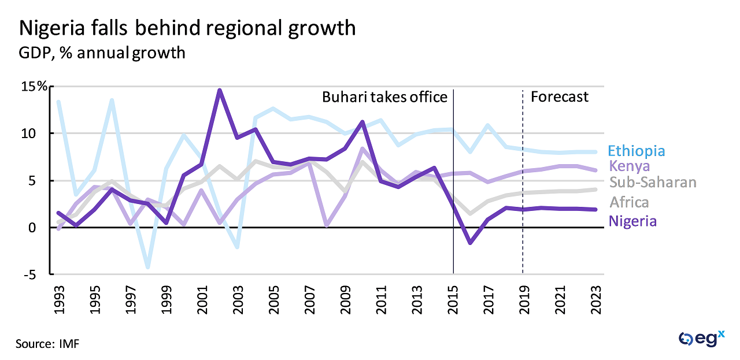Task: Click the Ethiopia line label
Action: point(637,151)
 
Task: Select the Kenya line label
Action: point(629,166)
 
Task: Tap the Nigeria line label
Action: point(633,221)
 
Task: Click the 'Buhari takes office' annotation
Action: point(384,97)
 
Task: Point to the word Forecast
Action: point(559,97)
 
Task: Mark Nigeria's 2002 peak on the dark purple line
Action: point(220,90)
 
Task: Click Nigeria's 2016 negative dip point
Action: point(471,243)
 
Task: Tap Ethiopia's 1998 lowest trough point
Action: point(148,267)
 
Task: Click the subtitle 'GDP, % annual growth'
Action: point(102,53)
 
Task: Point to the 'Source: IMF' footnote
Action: point(47,344)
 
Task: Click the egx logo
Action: point(701,339)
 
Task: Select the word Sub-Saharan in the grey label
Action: point(653,183)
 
